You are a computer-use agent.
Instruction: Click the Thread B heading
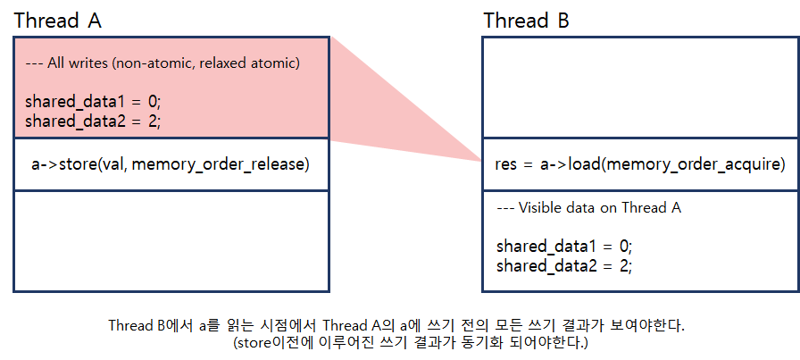coord(527,20)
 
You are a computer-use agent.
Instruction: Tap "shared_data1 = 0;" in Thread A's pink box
coord(92,102)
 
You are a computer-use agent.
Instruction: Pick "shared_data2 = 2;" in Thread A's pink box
coord(92,121)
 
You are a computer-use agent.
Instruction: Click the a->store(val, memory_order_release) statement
coord(170,164)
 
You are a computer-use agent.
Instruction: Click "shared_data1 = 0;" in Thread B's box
coord(564,246)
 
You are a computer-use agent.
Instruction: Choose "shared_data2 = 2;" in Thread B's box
coord(564,264)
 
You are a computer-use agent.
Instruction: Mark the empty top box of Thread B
coord(639,88)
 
